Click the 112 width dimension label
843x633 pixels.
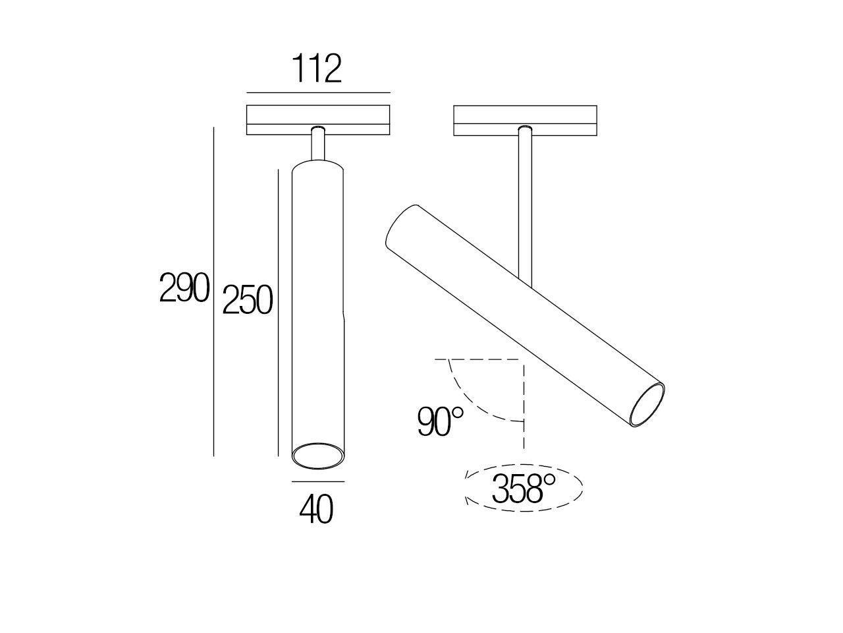click(x=317, y=70)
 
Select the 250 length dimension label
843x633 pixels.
click(x=248, y=301)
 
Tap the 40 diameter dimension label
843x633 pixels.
click(x=317, y=510)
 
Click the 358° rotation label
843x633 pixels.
click(x=524, y=489)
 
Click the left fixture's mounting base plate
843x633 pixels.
click(x=318, y=121)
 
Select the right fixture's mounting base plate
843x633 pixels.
click(x=525, y=121)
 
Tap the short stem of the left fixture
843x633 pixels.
click(x=318, y=144)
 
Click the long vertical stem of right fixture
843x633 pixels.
click(x=525, y=204)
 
